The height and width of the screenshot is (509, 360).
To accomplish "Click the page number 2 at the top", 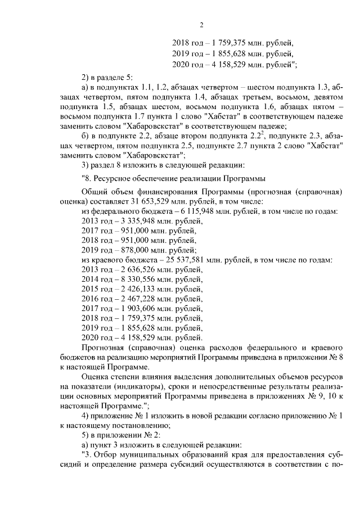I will tap(200, 24).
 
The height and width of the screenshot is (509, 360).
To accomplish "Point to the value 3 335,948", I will tap(130, 221).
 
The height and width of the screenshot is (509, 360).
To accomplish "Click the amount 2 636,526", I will tap(130, 272).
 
